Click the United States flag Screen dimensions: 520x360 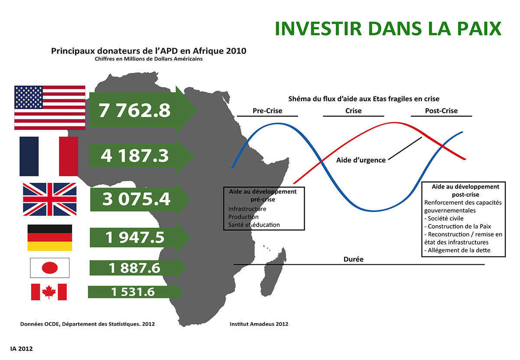(x=50, y=107)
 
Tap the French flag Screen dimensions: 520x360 (x=49, y=156)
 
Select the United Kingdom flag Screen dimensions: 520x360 (x=50, y=199)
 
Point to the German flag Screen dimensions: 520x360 (x=50, y=237)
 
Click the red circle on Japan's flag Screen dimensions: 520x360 (x=50, y=268)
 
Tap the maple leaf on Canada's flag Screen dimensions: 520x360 (x=49, y=292)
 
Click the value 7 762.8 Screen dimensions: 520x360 (x=134, y=110)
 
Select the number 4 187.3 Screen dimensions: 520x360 (x=134, y=156)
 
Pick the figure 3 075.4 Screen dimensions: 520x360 (x=136, y=199)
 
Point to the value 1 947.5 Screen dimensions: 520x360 (x=135, y=237)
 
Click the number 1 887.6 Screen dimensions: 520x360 (x=134, y=268)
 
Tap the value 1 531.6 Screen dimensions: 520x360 (x=133, y=292)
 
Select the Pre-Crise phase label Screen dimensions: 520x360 (x=267, y=111)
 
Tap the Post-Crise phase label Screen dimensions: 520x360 (x=441, y=111)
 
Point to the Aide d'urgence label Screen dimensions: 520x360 (x=361, y=160)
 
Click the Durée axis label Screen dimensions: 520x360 (x=353, y=259)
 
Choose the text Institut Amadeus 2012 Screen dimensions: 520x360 (x=259, y=324)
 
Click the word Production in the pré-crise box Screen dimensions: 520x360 (x=243, y=217)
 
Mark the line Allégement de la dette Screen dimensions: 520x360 (x=457, y=250)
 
